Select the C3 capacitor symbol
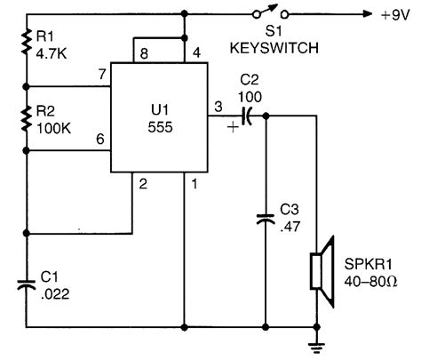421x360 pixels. point(264,218)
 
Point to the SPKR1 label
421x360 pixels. point(367,264)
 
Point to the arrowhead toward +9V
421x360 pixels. point(364,14)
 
